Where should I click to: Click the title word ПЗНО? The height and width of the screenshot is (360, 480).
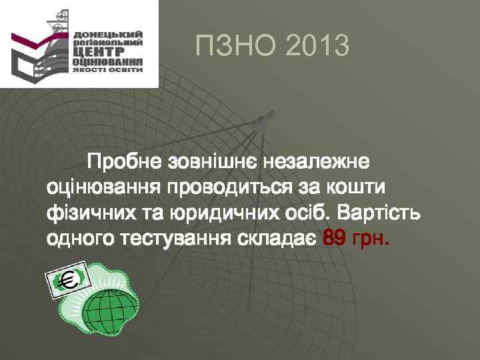[x=233, y=46]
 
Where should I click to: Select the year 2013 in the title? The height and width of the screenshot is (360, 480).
[x=316, y=46]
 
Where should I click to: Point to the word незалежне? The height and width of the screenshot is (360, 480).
[x=319, y=162]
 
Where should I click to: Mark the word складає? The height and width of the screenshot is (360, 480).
[x=277, y=239]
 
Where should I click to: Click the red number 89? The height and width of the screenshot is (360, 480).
[x=334, y=239]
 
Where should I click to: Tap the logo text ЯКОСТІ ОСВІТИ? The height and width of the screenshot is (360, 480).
[x=107, y=68]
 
